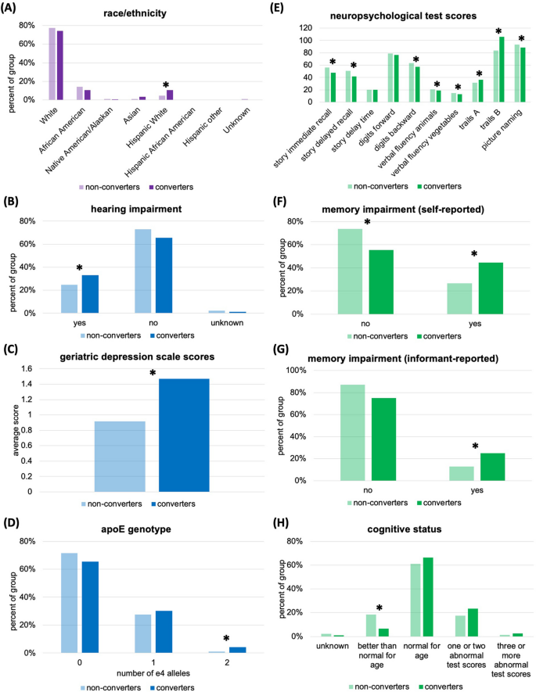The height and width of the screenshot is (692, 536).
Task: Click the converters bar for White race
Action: point(59,66)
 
